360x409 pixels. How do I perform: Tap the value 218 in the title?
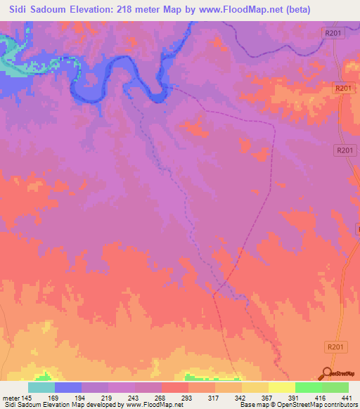coord(136,9)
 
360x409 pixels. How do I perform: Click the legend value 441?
coord(347,397)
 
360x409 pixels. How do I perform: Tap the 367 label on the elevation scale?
coord(267,397)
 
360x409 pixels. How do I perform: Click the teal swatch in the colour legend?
coord(41,387)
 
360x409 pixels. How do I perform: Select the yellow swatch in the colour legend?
coord(281,387)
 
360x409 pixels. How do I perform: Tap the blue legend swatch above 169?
coord(68,387)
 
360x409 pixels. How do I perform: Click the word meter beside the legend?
coord(12,397)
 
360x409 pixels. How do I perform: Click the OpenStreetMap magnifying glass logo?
coord(326,374)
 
